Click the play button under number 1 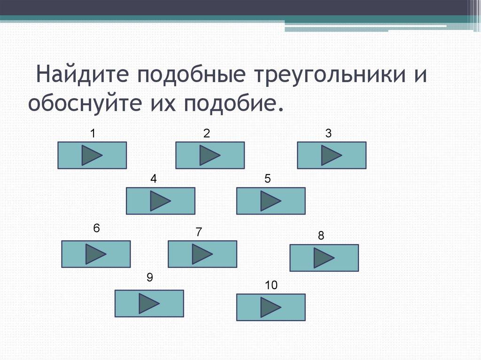tap(92, 155)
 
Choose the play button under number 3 tap(332, 155)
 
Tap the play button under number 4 tap(161, 201)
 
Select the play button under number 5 tap(271, 201)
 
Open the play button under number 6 tap(96, 254)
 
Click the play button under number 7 tap(202, 254)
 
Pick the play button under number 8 tap(324, 258)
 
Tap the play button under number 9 tap(149, 303)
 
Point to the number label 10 tap(271, 285)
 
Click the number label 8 tap(321, 236)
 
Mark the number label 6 tap(96, 229)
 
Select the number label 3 tap(328, 134)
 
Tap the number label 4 tap(154, 179)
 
